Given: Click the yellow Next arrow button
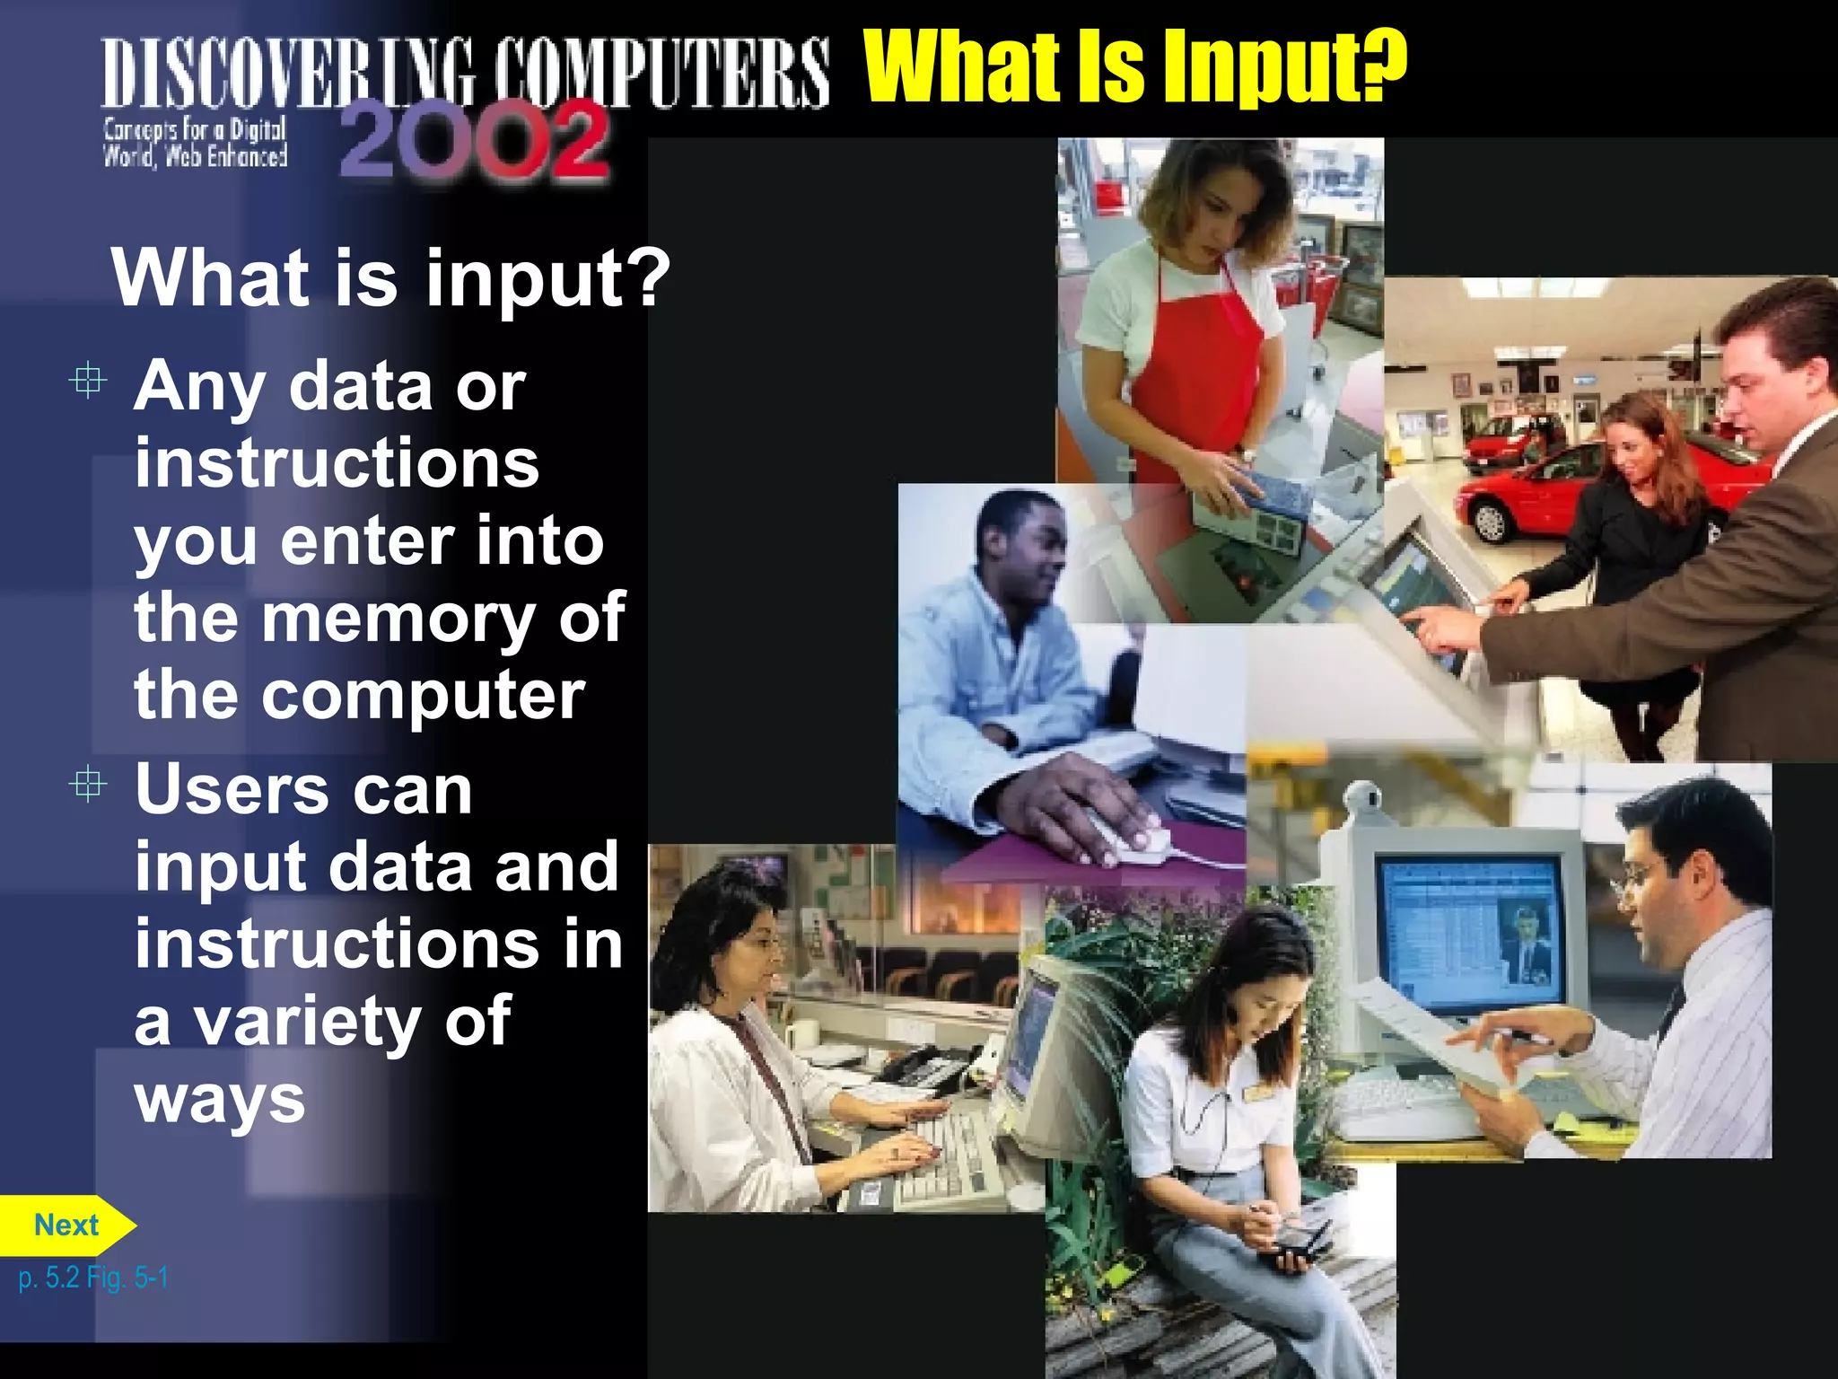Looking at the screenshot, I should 66,1225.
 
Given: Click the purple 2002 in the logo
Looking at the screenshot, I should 475,142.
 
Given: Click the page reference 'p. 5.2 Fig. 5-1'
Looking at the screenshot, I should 93,1278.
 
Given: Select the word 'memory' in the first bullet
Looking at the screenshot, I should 398,619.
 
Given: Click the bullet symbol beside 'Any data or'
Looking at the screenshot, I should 88,382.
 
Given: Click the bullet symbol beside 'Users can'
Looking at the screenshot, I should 88,786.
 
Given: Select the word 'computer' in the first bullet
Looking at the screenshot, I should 423,696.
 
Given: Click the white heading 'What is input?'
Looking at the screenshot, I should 390,278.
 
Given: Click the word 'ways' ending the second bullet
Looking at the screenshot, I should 220,1100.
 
